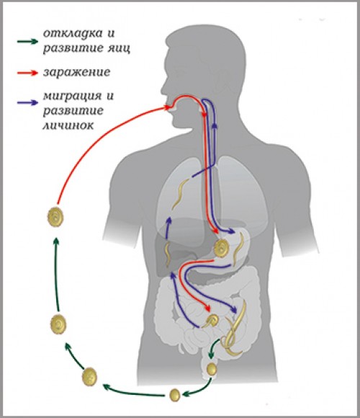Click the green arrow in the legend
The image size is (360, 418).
tap(27, 41)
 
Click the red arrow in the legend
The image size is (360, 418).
tap(27, 73)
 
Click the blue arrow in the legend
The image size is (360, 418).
tap(27, 102)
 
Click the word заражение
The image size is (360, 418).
tap(77, 73)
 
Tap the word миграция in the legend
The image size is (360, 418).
tap(73, 96)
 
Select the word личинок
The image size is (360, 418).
tap(68, 125)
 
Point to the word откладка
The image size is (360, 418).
tap(73, 34)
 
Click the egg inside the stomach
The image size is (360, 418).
tap(221, 248)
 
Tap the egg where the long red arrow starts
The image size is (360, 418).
tap(55, 217)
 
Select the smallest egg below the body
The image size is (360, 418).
tap(175, 395)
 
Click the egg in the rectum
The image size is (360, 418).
tap(212, 368)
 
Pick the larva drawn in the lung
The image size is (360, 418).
tap(180, 193)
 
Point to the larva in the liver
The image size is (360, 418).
tap(168, 255)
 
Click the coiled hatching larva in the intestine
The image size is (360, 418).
tap(212, 321)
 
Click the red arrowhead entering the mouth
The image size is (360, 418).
tap(168, 107)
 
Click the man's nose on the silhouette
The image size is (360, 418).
tap(163, 87)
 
